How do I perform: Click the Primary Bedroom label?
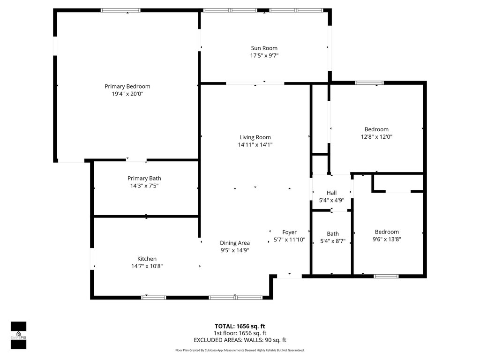tap(127, 86)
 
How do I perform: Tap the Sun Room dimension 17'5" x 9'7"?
tap(264, 56)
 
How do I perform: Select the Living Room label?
tap(255, 137)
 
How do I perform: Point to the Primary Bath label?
tap(144, 178)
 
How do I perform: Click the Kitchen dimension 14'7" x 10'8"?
tap(147, 266)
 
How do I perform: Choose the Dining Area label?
tap(235, 243)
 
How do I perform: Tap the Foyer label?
tap(289, 232)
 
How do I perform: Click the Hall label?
tap(331, 193)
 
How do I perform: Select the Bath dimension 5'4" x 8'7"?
tap(332, 241)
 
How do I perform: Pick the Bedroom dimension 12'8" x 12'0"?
tap(376, 137)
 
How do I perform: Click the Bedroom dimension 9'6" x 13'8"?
tap(387, 239)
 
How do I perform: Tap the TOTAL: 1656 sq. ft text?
tap(240, 326)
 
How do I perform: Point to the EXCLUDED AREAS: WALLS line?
tap(240, 340)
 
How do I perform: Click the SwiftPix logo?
tap(18, 335)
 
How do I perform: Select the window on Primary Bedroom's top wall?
tap(120, 10)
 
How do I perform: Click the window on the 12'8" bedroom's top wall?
tap(369, 83)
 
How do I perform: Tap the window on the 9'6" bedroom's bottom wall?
tap(386, 276)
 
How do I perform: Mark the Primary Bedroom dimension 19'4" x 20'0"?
tap(127, 94)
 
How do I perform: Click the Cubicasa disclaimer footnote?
tap(240, 350)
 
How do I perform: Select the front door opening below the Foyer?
tap(289, 277)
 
